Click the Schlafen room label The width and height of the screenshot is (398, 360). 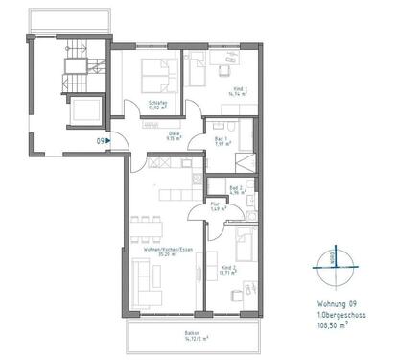[158, 103]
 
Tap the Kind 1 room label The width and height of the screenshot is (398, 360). [240, 89]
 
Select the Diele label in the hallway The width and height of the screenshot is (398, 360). [176, 134]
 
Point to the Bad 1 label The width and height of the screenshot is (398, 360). [222, 139]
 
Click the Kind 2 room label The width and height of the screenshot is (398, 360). [228, 269]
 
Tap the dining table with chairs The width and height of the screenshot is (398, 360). [146, 228]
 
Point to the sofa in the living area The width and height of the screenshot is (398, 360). [141, 280]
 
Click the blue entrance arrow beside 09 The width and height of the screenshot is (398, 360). [110, 142]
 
